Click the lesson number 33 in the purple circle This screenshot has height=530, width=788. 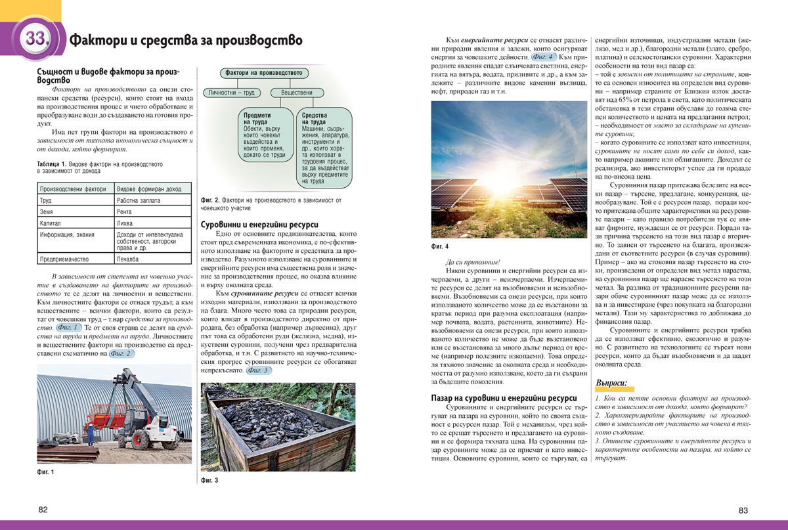34,39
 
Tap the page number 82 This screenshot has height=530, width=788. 43,510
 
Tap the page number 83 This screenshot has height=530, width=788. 743,510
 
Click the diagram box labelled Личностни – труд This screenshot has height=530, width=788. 231,93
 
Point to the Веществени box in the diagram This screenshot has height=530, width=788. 297,93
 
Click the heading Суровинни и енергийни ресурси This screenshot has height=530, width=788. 259,224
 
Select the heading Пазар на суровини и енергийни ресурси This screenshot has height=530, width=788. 504,397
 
